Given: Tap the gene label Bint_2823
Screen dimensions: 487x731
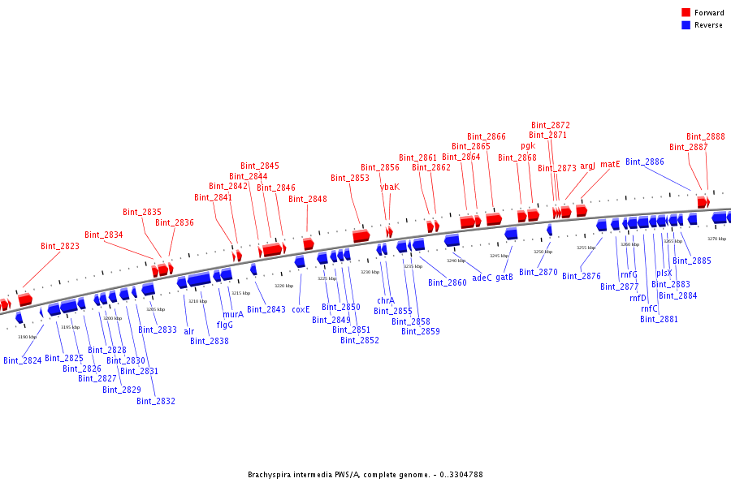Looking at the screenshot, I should pos(60,246).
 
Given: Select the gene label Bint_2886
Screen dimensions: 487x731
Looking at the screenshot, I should pos(644,162).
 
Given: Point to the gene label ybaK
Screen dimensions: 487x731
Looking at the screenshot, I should pos(390,187).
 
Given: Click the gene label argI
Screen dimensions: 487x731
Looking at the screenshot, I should pos(587,166).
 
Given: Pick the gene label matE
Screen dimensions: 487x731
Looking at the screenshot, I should pos(610,164).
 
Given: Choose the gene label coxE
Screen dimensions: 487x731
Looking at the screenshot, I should pos(301,309).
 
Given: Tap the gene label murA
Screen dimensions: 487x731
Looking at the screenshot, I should pos(233,314).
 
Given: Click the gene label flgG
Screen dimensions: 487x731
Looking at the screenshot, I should pos(224,325).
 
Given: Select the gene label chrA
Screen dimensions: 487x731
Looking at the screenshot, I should pos(385,301).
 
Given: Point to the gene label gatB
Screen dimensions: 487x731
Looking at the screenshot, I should pos(504,278).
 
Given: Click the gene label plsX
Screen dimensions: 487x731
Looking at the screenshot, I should pos(664,274).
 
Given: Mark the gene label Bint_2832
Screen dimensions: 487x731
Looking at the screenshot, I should pos(155,401).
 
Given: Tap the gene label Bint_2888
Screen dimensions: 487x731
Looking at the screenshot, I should pos(705,137).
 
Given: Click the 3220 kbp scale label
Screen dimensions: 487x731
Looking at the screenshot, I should pos(283,286).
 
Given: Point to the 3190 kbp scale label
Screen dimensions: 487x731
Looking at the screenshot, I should pos(27,337).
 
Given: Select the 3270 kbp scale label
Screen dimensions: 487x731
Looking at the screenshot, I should pos(716,239).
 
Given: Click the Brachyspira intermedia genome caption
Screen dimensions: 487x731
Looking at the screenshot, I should pos(365,475).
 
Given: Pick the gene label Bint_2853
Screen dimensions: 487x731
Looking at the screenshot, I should pos(349,179).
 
